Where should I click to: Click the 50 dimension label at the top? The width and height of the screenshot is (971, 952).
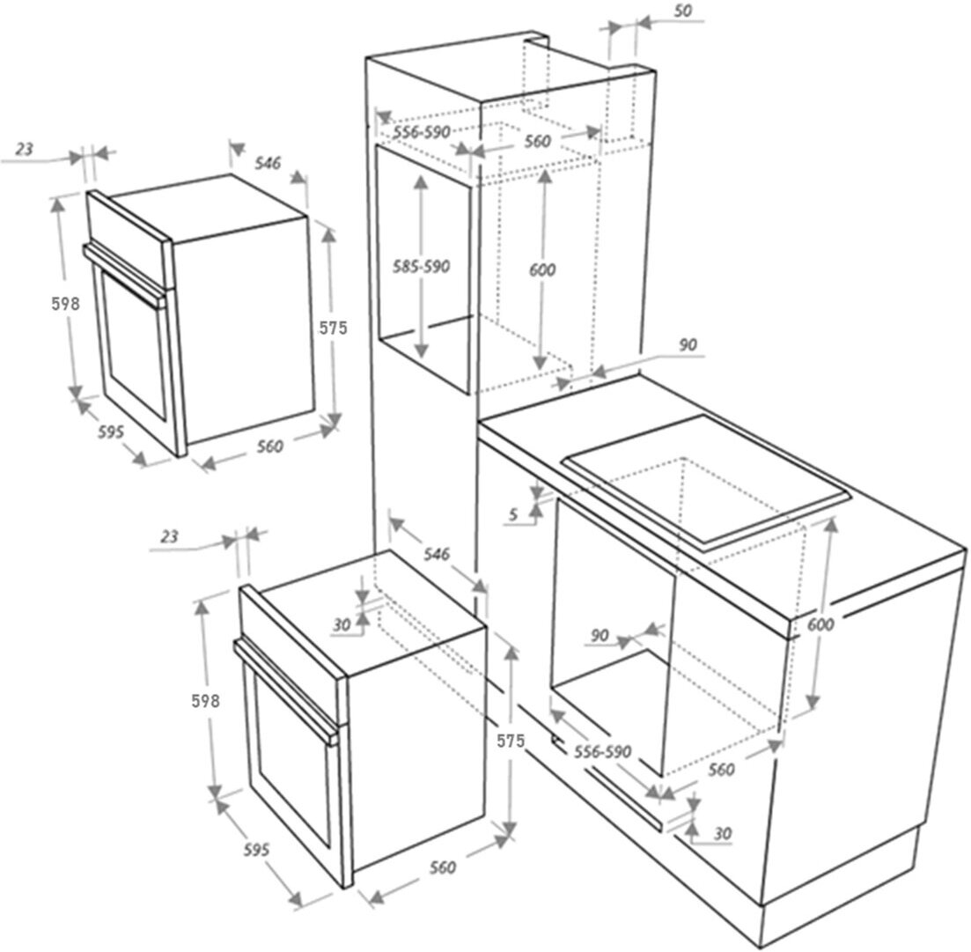pyautogui.click(x=683, y=11)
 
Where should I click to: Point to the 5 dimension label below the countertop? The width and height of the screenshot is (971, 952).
pyautogui.click(x=513, y=516)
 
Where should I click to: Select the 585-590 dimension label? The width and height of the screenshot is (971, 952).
pyautogui.click(x=423, y=267)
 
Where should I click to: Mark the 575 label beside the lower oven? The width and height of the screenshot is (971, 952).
pyautogui.click(x=510, y=742)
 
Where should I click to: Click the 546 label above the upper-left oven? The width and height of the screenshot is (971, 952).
pyautogui.click(x=268, y=163)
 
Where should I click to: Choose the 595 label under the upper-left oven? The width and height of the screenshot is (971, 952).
pyautogui.click(x=111, y=432)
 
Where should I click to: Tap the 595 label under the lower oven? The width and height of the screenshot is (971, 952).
pyautogui.click(x=255, y=851)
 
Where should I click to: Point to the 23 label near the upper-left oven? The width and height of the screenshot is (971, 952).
pyautogui.click(x=25, y=150)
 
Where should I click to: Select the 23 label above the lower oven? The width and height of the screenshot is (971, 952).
pyautogui.click(x=171, y=536)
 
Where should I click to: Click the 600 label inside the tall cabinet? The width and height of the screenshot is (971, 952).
pyautogui.click(x=542, y=270)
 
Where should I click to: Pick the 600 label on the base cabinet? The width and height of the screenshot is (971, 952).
pyautogui.click(x=820, y=624)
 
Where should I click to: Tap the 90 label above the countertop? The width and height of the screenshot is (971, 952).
pyautogui.click(x=688, y=345)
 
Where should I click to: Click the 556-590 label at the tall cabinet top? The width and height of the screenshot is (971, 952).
pyautogui.click(x=422, y=132)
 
